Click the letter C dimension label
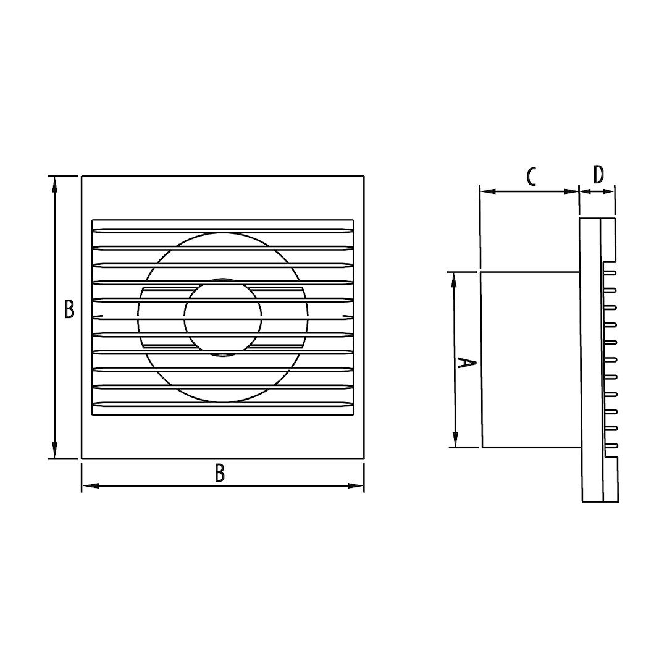click(x=531, y=177)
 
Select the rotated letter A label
click(x=466, y=363)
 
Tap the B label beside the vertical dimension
click(x=69, y=309)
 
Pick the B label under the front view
click(x=219, y=473)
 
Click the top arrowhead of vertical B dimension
click(x=54, y=185)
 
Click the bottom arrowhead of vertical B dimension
click(x=54, y=450)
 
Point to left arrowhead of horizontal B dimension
click(x=90, y=485)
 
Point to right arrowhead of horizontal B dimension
click(x=356, y=485)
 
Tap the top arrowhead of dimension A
click(x=454, y=281)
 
